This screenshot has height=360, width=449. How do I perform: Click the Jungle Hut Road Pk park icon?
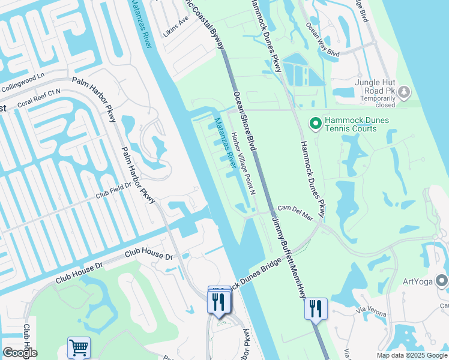click(x=404, y=91)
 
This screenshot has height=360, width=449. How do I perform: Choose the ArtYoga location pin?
click(x=442, y=281)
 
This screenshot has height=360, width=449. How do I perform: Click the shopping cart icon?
click(x=79, y=347)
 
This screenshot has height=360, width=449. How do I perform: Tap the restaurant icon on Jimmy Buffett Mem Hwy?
click(x=316, y=309)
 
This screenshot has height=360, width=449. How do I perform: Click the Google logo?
click(x=20, y=353)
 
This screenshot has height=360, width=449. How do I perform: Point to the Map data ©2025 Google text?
click(x=411, y=355)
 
